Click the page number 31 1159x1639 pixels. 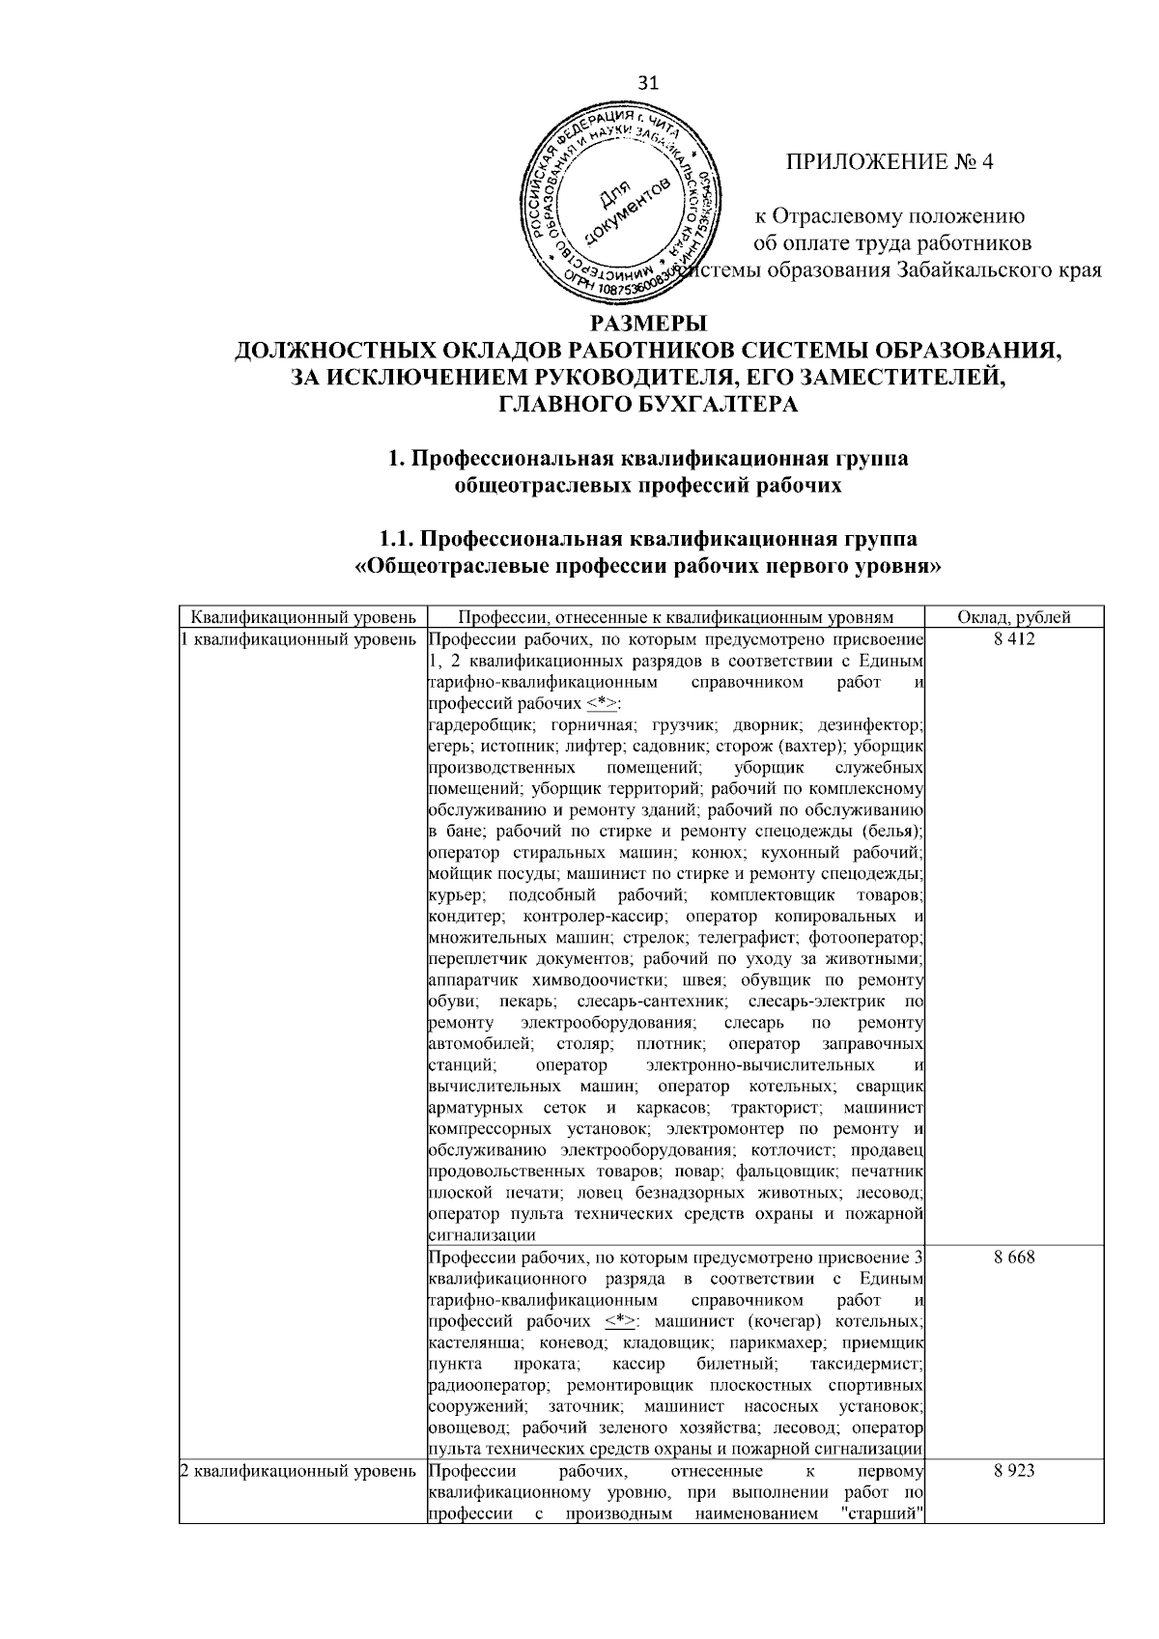click(x=649, y=84)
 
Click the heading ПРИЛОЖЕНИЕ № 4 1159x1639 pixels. click(x=890, y=161)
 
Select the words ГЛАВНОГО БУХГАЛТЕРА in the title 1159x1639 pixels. click(x=648, y=405)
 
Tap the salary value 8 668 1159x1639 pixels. click(x=1013, y=1257)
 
